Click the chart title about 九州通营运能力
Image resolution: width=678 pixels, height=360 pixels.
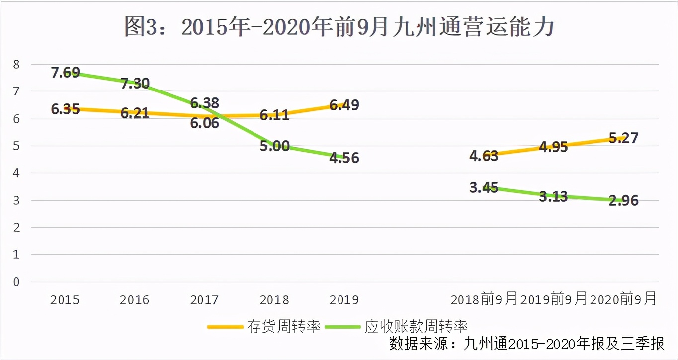[x=339, y=28]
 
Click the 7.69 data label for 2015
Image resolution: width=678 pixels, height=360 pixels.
[x=65, y=73]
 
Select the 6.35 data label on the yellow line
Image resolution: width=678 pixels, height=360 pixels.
[x=65, y=109]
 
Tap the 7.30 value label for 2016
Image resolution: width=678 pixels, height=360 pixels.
[x=135, y=83]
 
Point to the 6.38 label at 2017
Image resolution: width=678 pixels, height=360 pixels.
[x=205, y=103]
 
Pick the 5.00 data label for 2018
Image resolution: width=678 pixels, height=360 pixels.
[x=274, y=146]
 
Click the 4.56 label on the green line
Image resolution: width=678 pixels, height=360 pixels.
[x=344, y=159]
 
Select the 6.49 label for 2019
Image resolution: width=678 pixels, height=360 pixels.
[x=344, y=105]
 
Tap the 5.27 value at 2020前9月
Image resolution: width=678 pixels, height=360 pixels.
[x=623, y=138]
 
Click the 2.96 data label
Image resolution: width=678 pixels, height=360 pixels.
[x=623, y=201]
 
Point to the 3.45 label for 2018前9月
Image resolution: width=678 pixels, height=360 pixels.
[x=484, y=188]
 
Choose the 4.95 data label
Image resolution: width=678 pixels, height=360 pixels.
[x=553, y=147]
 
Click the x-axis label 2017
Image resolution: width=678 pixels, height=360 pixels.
[x=205, y=300]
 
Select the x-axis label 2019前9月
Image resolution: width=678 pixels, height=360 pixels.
[x=553, y=299]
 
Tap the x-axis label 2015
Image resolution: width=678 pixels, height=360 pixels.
[x=65, y=300]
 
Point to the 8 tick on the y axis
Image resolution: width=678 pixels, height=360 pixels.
[x=16, y=64]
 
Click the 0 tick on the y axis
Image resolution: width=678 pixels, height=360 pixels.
[x=16, y=282]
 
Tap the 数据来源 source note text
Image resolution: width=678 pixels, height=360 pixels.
[x=526, y=344]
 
